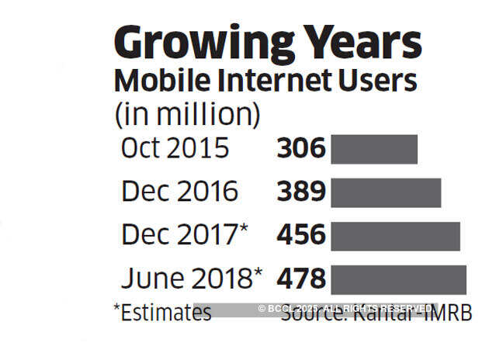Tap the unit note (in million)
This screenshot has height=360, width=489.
(187, 114)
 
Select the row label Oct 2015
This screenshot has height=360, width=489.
(175, 149)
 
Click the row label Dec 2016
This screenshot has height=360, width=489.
(179, 192)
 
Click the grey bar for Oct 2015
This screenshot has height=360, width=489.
(374, 149)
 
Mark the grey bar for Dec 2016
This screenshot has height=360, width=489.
(386, 192)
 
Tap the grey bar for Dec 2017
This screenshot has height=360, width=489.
(395, 235)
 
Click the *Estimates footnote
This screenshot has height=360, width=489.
(162, 313)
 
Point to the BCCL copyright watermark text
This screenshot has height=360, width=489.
(345, 309)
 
